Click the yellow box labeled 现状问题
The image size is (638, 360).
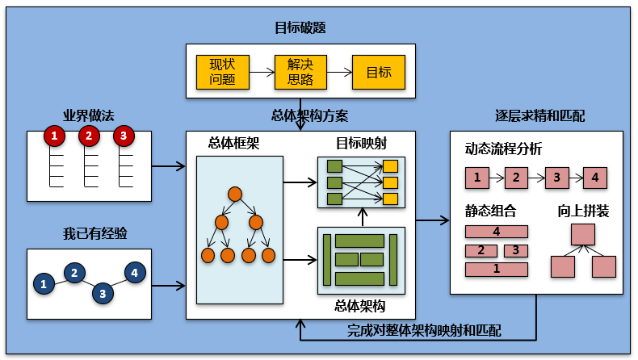coord(222,72)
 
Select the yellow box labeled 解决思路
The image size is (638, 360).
coord(300,72)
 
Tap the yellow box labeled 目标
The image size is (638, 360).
coord(379,72)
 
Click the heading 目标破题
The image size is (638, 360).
coord(300,28)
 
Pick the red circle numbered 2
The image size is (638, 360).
coord(89,136)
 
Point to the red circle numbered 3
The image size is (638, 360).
coord(123,136)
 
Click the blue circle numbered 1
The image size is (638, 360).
coord(44,283)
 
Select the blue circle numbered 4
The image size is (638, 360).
coord(134,273)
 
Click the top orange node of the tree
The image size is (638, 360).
coord(235,194)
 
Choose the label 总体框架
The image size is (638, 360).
coord(233,143)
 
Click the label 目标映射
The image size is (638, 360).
coord(361,143)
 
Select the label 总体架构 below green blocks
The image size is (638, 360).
coord(359,306)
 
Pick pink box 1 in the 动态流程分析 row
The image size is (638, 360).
coord(477,177)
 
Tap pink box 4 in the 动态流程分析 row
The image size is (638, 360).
coord(595,177)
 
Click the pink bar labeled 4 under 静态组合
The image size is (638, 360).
coord(497,232)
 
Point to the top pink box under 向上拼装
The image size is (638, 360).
coord(582,235)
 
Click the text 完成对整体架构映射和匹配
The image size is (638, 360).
coord(424,330)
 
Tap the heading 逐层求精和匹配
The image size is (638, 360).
coord(539,116)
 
